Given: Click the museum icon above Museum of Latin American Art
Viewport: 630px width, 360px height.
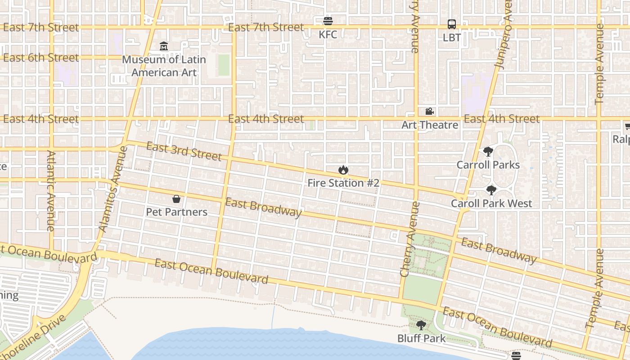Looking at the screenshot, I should [x=164, y=46].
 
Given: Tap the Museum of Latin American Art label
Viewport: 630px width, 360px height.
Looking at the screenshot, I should [x=164, y=66].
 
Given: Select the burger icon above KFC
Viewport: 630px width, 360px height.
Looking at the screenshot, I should [x=328, y=21].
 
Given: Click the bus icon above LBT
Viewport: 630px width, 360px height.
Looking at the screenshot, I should [x=452, y=24].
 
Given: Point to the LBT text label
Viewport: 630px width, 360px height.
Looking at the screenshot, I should [x=452, y=37].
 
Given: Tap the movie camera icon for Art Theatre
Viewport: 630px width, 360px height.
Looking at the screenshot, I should [x=429, y=111].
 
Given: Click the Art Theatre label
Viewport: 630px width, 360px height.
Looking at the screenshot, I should [x=429, y=125].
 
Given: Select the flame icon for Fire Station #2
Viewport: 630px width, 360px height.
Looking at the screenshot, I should [x=343, y=170].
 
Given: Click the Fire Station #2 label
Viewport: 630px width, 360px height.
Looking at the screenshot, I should [x=343, y=183].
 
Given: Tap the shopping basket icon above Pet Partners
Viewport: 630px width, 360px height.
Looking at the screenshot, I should [x=176, y=199].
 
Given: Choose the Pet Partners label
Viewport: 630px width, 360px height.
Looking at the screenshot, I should [x=176, y=212].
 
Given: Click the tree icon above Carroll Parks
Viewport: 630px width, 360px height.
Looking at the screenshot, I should [x=488, y=152].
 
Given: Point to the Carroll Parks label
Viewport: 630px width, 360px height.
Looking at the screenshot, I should [x=488, y=165].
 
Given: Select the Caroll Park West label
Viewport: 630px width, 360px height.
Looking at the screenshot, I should [x=491, y=203].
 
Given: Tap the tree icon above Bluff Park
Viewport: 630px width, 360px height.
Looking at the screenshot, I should [x=421, y=325].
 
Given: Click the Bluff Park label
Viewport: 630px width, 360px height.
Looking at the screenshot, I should [x=421, y=338].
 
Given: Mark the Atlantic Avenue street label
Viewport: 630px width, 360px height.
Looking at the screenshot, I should [x=50, y=191].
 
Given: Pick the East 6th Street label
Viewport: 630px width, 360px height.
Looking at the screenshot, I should [x=40, y=58].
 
